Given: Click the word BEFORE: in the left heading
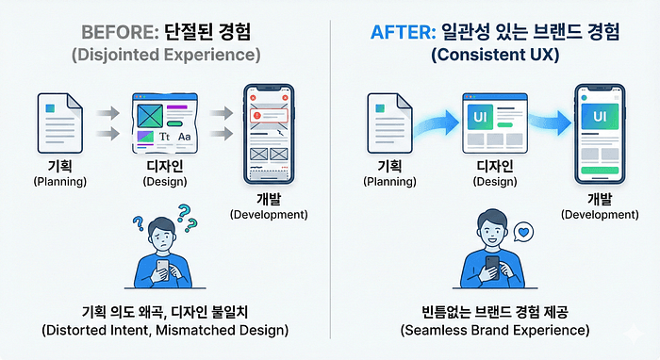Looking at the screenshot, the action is tap(120, 32).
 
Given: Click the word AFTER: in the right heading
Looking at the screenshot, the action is tap(403, 32).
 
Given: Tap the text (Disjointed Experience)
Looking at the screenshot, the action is tap(166, 55).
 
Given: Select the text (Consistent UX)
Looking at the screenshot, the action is tap(495, 55).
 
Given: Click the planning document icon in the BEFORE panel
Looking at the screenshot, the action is tap(59, 123).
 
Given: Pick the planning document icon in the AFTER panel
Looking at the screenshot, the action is tap(389, 123).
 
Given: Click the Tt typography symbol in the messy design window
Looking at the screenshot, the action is tap(164, 137).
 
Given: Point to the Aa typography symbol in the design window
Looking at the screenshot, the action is tap(185, 137).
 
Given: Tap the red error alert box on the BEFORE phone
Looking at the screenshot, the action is tap(269, 115).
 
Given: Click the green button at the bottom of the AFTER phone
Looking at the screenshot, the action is tap(600, 171).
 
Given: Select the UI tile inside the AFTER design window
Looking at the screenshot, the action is tap(480, 117).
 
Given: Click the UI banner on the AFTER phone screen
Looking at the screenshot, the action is tap(600, 116).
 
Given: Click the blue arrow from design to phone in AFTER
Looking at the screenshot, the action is tap(550, 122).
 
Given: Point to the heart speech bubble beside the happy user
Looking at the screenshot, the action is tap(523, 232).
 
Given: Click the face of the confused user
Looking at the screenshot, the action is tap(161, 237).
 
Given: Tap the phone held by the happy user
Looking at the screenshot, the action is tap(492, 267).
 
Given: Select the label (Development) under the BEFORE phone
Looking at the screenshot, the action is tap(269, 215).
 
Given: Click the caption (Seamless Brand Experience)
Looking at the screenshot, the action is tap(495, 330).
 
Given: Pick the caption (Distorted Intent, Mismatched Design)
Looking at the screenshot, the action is tap(165, 330).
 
